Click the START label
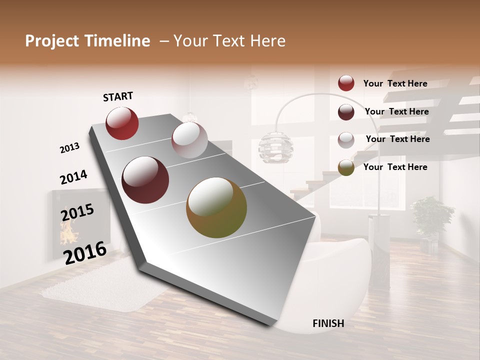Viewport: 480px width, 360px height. coord(118,96)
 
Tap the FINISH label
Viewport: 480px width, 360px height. coord(328,323)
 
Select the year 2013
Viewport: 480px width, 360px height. coord(70,148)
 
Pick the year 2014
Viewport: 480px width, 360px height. coord(73,177)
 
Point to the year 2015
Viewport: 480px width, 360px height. coord(77,212)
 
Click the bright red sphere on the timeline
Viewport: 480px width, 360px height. coord(122,123)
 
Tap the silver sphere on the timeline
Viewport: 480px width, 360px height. coord(189,140)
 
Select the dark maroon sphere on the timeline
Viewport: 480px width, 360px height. coord(145,180)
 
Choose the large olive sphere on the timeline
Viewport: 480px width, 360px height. coord(216,207)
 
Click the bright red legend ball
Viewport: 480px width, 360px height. coord(346,83)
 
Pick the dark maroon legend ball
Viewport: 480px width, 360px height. coord(346,111)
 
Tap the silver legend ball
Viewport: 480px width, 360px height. coord(346,139)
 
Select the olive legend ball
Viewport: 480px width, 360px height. coord(346,167)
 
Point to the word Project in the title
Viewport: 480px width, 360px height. coord(51,41)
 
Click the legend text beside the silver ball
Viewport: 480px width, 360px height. coord(397,139)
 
